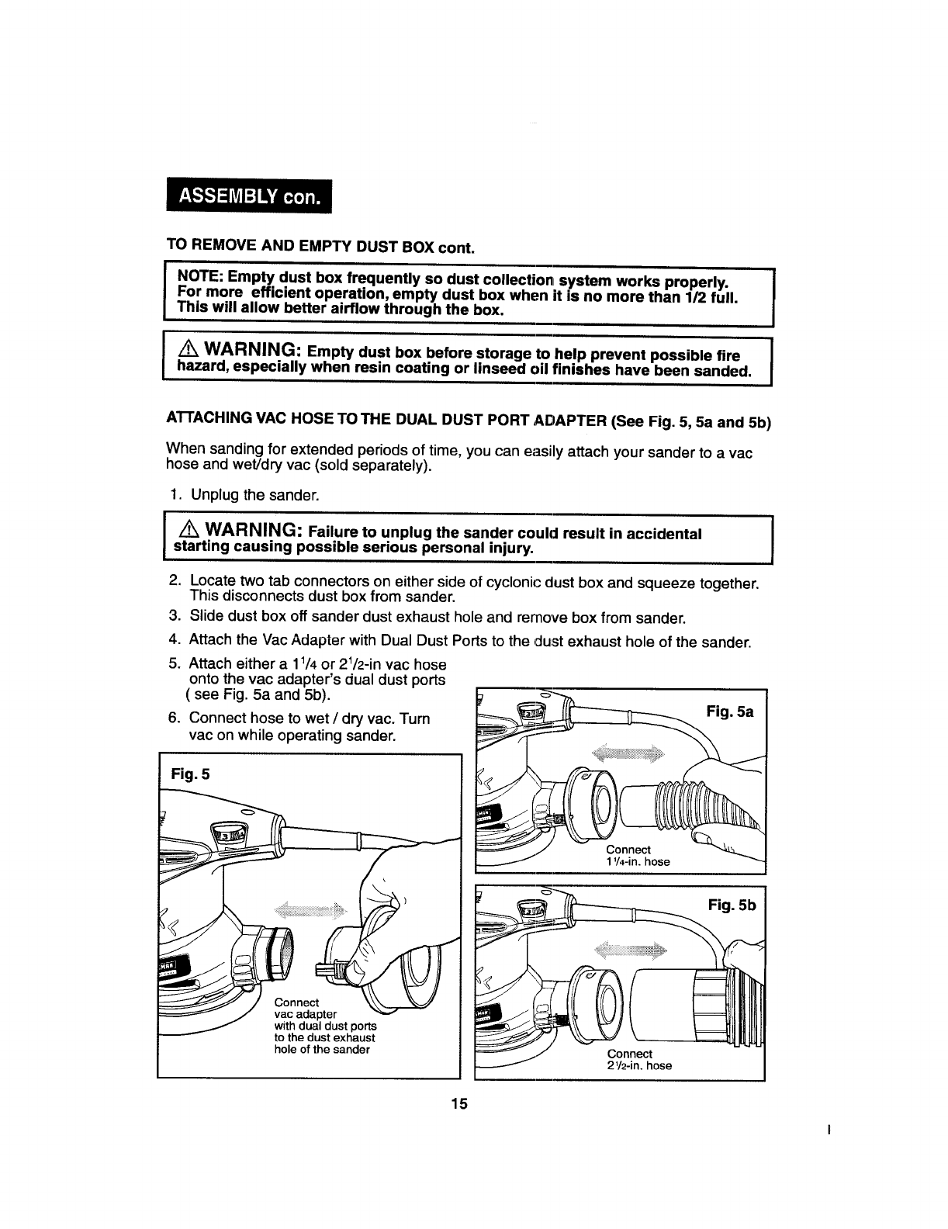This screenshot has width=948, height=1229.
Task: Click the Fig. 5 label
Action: [189, 774]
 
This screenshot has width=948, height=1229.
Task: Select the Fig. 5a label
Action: [730, 711]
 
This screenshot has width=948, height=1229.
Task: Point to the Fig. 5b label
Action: [731, 905]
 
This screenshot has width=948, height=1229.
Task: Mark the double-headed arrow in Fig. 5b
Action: [630, 949]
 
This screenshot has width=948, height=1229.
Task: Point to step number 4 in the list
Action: [175, 642]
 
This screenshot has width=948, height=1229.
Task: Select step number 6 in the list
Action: [175, 718]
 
